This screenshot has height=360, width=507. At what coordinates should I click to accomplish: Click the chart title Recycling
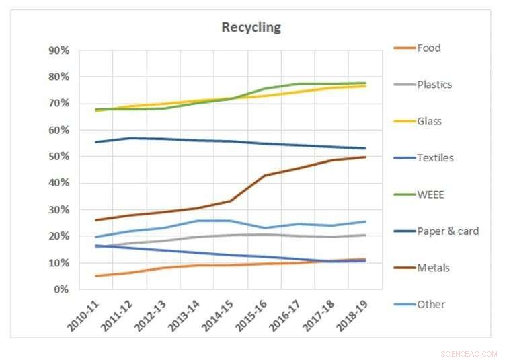pos(251,28)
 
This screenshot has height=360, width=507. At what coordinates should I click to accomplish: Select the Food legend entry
pos(428,48)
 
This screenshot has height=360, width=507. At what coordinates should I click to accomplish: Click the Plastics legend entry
pos(434,85)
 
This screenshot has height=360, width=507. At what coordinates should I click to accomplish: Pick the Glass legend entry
pos(430,121)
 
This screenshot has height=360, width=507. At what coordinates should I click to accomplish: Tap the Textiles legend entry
pos(435,157)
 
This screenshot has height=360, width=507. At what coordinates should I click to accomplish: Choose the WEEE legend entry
pos(431,194)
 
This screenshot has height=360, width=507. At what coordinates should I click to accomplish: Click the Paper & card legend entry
pos(447,231)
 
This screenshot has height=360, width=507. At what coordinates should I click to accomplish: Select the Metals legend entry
pos(432,267)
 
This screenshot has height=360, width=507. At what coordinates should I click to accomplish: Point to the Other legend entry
pos(431,304)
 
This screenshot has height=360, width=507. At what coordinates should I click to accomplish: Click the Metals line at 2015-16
pos(265,176)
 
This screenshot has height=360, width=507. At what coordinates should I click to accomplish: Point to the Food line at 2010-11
pos(97,276)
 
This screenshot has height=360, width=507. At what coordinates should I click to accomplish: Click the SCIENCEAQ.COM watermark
pos(469,353)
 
